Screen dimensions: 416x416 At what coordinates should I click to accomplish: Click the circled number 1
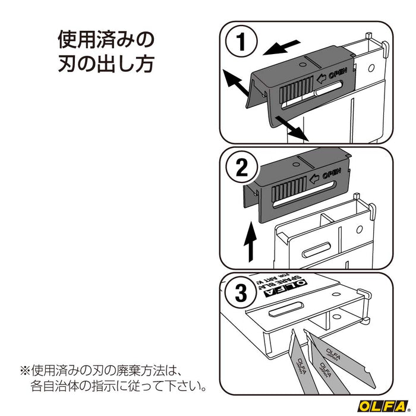coord(242,42)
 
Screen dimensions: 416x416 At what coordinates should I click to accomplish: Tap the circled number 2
coord(242,170)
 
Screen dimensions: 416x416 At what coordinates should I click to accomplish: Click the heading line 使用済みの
coord(106,39)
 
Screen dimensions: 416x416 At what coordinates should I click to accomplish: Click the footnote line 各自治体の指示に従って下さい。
coord(119,387)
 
